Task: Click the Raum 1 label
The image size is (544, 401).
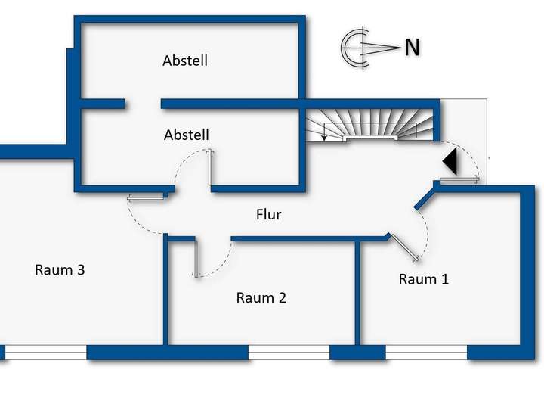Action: (x=423, y=279)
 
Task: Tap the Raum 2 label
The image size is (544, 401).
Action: (x=261, y=297)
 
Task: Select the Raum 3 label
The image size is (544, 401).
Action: (x=60, y=269)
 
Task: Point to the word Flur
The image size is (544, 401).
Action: (x=268, y=215)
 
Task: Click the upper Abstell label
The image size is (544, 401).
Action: (x=185, y=61)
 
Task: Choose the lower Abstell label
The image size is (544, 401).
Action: (x=187, y=135)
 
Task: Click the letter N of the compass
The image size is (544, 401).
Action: (x=413, y=48)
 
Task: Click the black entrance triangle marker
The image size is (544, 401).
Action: (x=451, y=161)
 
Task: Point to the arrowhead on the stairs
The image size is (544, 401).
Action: (x=324, y=138)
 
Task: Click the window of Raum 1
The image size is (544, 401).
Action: (x=426, y=352)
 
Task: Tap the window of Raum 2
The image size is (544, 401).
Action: (x=289, y=352)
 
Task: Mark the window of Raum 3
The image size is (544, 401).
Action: (x=45, y=352)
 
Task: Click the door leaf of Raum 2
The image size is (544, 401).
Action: (x=196, y=258)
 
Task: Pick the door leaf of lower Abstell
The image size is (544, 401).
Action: (x=211, y=167)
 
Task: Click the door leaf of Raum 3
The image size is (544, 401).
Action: (x=146, y=197)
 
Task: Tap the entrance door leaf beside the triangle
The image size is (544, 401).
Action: (x=459, y=181)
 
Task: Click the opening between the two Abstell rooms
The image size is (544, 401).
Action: (x=143, y=104)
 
